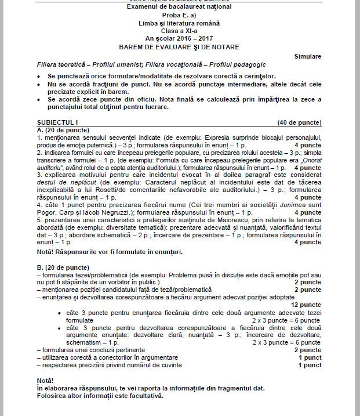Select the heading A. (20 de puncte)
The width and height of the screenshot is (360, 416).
[x=61, y=131]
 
